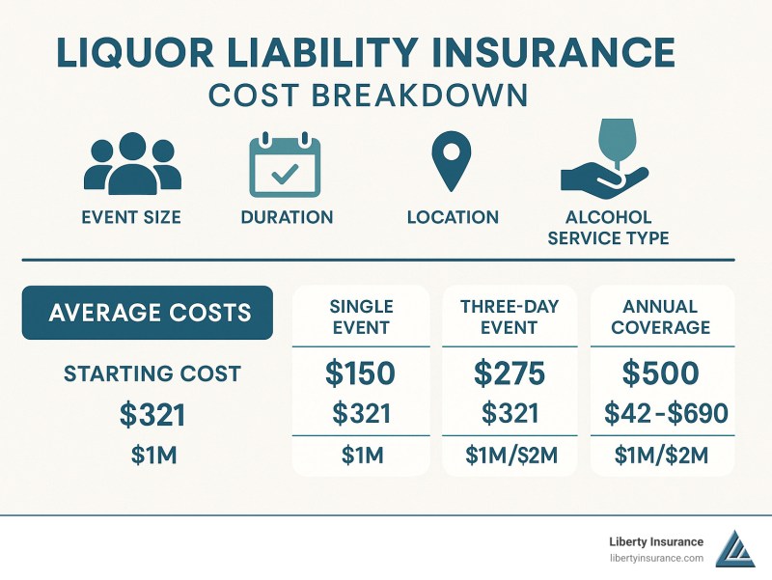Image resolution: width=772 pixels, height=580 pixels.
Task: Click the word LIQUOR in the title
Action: (x=135, y=52)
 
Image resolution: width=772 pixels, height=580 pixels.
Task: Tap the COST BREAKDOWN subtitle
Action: (x=369, y=96)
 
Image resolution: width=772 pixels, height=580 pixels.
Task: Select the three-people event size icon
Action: (x=132, y=163)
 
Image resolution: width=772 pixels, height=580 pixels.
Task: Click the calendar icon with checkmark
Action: (x=285, y=164)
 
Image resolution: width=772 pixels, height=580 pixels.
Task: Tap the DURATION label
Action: (x=287, y=217)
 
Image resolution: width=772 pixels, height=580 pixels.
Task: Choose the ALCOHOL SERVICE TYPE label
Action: (x=608, y=228)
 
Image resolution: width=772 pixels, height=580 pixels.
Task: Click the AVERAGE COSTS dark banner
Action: (x=148, y=313)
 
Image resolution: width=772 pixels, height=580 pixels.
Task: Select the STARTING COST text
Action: (x=152, y=373)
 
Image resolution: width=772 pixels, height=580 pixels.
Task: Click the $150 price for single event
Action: (x=360, y=373)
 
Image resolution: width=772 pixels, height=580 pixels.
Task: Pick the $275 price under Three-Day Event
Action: (x=510, y=373)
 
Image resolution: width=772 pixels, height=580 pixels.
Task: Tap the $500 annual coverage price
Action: (x=661, y=373)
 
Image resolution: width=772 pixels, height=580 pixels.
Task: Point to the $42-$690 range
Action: (x=666, y=413)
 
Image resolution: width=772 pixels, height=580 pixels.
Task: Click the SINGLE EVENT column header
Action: (x=361, y=317)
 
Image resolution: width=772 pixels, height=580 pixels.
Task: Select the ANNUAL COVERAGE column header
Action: (x=661, y=317)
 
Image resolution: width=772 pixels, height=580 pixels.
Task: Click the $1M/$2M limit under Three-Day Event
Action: (x=511, y=456)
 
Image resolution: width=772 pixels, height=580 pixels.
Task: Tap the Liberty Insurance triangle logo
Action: (x=735, y=550)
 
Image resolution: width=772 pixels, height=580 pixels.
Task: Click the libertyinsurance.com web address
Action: (x=656, y=559)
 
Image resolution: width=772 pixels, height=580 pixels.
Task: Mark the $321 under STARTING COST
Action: (x=152, y=415)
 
